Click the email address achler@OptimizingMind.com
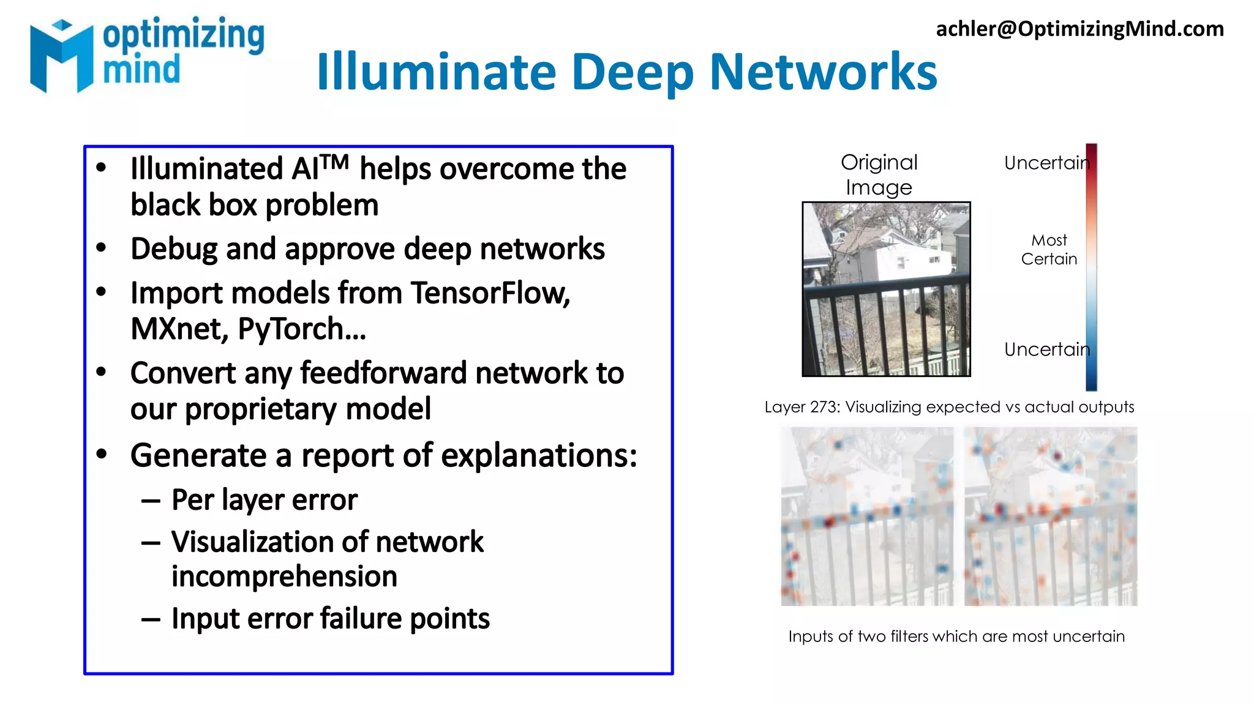(x=1079, y=29)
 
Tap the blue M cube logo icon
(x=61, y=56)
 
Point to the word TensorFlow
(x=490, y=293)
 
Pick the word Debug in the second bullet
(x=173, y=250)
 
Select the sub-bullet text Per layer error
(x=264, y=500)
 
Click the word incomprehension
(x=284, y=576)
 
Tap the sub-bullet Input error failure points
(x=330, y=619)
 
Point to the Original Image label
(x=879, y=174)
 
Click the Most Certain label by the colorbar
(x=1049, y=249)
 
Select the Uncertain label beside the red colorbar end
(x=1046, y=163)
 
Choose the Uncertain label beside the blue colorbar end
(x=1046, y=349)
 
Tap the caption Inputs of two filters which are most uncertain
(x=956, y=636)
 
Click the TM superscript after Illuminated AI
(x=334, y=162)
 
